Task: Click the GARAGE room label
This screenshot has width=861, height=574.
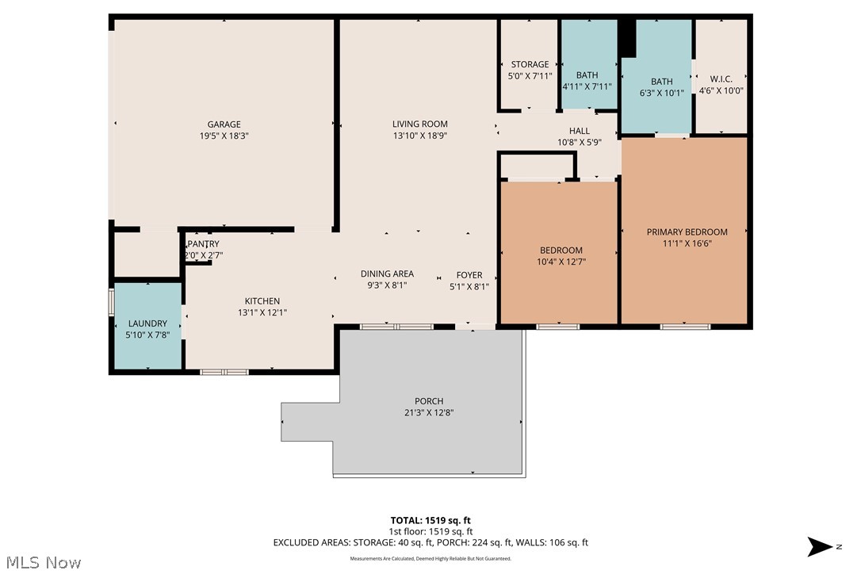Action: pos(224,124)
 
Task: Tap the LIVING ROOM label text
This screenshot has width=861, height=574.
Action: pos(419,124)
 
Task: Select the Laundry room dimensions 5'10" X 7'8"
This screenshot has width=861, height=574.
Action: pos(148,335)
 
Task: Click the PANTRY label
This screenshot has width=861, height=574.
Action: pos(204,244)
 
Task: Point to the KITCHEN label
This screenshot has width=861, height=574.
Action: pos(262,301)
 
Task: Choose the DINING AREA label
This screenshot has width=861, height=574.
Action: pos(387,274)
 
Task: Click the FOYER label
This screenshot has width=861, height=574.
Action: pos(469,275)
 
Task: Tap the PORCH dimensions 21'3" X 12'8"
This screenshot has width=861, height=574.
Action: pos(429,412)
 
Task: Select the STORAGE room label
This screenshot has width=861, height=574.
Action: pos(530,65)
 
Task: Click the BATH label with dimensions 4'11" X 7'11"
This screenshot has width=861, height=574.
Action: pos(587,75)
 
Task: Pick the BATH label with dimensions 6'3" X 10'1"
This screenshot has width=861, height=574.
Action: pos(661,82)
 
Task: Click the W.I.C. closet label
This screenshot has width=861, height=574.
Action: pos(721,78)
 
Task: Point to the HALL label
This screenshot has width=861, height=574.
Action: pos(580,131)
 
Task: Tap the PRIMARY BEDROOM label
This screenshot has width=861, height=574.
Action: pos(687,232)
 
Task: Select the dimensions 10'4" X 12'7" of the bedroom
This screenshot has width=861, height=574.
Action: pos(561,262)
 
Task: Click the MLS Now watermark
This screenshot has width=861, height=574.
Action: pos(41,563)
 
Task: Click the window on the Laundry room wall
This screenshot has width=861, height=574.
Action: pos(111,303)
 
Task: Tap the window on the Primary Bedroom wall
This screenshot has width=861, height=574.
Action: pos(685,326)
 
